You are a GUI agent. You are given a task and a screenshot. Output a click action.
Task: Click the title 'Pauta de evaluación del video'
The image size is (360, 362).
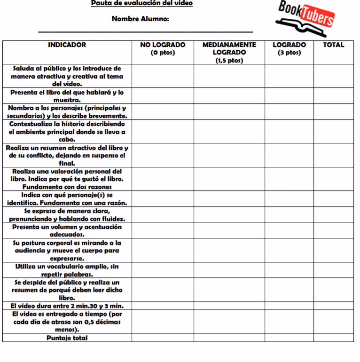(x=141, y=3)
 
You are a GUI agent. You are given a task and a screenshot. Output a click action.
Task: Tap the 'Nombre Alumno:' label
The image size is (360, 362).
(x=141, y=19)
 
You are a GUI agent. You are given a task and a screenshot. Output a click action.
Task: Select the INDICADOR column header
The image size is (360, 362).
(x=67, y=45)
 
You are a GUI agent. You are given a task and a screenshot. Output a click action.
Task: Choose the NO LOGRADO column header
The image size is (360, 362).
(x=163, y=49)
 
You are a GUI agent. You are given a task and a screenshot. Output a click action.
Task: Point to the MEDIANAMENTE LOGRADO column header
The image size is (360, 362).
(x=229, y=52)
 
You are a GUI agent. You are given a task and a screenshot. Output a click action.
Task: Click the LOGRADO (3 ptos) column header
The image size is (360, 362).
(x=289, y=49)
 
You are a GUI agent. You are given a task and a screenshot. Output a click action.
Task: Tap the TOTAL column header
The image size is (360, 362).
(x=333, y=45)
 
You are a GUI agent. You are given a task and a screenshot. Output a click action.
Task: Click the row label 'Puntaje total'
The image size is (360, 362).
(x=67, y=338)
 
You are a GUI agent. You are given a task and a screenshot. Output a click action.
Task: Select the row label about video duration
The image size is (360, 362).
(x=67, y=306)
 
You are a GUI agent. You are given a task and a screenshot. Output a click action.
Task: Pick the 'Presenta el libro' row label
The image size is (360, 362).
(x=67, y=96)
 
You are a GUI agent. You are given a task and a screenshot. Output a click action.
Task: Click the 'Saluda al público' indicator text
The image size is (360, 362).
(x=67, y=76)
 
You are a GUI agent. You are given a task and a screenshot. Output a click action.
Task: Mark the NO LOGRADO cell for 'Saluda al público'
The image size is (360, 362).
(x=163, y=76)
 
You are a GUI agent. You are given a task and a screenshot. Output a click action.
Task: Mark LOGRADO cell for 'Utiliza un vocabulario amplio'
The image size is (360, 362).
(x=289, y=270)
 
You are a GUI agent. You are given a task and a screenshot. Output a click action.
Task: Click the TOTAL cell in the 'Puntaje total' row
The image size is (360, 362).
(x=333, y=338)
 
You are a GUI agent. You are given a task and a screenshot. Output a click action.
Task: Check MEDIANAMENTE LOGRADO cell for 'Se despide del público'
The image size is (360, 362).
(x=229, y=290)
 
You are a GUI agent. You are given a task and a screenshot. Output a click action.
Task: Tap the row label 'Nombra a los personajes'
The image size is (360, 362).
(x=67, y=112)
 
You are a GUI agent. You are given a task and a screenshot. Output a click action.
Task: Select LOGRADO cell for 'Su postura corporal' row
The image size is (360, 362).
(x=289, y=251)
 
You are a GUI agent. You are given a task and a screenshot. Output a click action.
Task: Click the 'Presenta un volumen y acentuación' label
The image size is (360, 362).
(x=67, y=230)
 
